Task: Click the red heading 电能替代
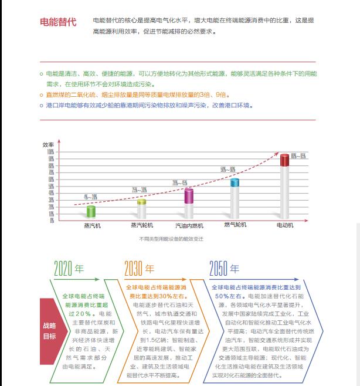(x=57, y=22)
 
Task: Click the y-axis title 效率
(x=48, y=144)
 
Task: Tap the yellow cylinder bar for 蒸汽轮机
(x=142, y=209)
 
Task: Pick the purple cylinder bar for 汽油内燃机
(x=189, y=203)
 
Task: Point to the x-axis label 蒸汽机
(x=92, y=225)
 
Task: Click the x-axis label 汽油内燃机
(x=189, y=225)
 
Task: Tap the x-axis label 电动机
(x=284, y=225)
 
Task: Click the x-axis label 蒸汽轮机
(x=142, y=225)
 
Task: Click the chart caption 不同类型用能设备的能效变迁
(x=171, y=239)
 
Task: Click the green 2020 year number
(x=62, y=269)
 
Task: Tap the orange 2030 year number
(x=133, y=269)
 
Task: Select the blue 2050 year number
(x=218, y=269)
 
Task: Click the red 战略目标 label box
(x=50, y=331)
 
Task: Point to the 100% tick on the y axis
(x=51, y=151)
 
